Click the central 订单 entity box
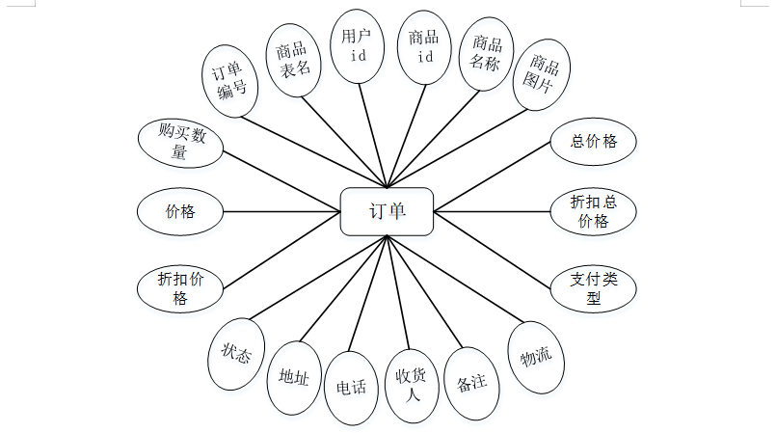click(387, 211)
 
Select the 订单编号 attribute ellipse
click(230, 78)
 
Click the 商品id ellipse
click(424, 46)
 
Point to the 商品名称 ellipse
click(486, 56)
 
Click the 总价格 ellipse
click(593, 142)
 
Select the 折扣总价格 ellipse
click(593, 211)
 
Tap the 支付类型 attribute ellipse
click(593, 287)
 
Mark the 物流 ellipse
click(536, 358)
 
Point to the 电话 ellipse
click(351, 388)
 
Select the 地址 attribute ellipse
click(294, 377)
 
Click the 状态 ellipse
click(235, 355)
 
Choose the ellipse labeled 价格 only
click(180, 211)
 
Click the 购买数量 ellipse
click(179, 142)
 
